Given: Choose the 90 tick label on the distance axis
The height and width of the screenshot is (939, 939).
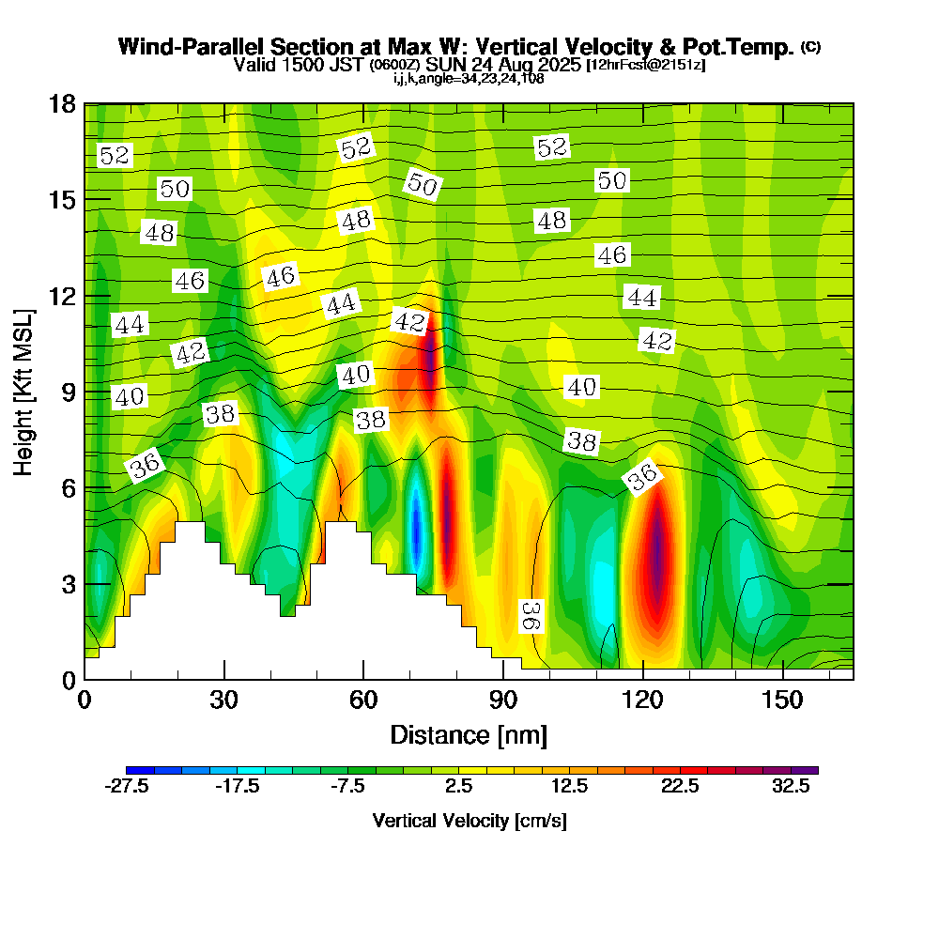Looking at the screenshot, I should (x=503, y=700).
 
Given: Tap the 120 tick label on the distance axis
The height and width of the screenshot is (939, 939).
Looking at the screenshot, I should (x=643, y=700).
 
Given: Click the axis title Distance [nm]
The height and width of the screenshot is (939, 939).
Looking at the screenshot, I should (x=468, y=734).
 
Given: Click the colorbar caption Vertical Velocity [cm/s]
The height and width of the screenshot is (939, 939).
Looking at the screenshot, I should (x=469, y=821).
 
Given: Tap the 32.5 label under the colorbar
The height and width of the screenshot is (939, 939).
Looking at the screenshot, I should (x=791, y=787).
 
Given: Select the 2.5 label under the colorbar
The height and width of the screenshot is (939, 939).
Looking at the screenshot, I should (x=458, y=787).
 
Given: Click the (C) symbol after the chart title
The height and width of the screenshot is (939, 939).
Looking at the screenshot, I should (x=810, y=47).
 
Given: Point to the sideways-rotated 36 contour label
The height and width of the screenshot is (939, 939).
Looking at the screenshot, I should (x=531, y=616).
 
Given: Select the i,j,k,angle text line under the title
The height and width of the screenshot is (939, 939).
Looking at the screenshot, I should (x=469, y=78).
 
